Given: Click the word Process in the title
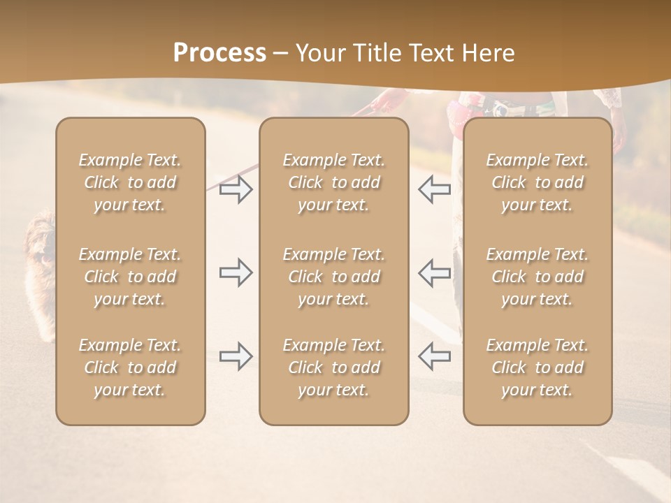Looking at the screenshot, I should tap(219, 53).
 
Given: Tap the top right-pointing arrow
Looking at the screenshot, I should tap(236, 190).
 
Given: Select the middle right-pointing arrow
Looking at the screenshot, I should tap(236, 272).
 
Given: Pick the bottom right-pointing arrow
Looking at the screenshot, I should tap(236, 356).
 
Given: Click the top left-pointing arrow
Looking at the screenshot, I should tap(434, 190).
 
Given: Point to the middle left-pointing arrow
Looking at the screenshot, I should tap(434, 272).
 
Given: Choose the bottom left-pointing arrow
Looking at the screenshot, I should tap(434, 356).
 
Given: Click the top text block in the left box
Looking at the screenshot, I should tap(130, 182).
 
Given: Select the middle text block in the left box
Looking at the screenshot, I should tap(130, 277).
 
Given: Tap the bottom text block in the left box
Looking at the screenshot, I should tap(130, 367).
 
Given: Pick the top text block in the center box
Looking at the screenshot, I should tap(334, 182).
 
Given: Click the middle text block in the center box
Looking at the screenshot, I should tap(334, 277).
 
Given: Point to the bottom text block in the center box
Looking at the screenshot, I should tap(334, 367).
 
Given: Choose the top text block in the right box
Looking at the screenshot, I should tap(537, 182).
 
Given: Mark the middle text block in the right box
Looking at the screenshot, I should tap(537, 277).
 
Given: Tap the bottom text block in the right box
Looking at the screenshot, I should tap(537, 367).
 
